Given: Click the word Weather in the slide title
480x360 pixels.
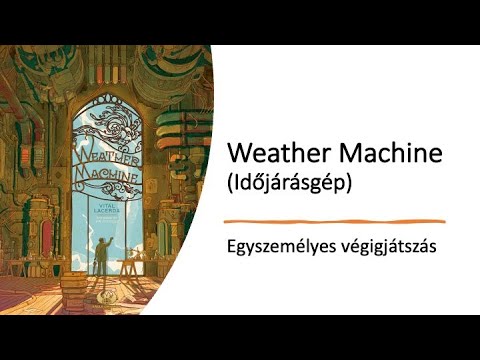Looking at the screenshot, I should coord(273,155).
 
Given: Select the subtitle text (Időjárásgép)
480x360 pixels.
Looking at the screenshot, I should coord(290,185).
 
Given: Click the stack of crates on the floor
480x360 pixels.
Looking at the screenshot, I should coord(76,291).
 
